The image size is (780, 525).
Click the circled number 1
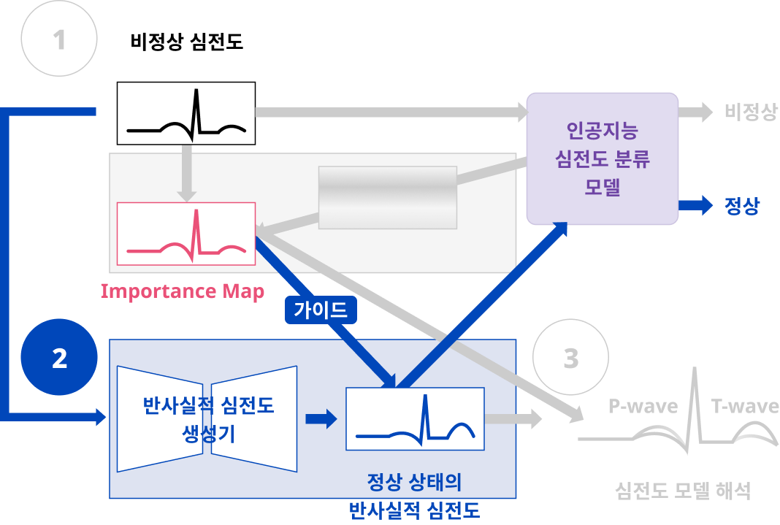click(59, 39)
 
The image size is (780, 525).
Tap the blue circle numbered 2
click(59, 358)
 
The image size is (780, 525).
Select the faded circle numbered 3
click(570, 358)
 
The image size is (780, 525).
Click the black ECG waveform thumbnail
click(186, 114)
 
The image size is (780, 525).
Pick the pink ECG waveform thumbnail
click(186, 234)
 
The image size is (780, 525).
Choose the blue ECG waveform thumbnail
click(414, 418)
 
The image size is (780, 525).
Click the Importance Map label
click(182, 291)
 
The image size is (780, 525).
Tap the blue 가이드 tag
click(321, 310)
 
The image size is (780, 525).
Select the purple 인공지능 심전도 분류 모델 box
click(602, 158)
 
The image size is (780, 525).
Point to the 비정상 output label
click(751, 112)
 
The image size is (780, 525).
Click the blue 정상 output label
click(742, 206)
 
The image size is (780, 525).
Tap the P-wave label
click(643, 406)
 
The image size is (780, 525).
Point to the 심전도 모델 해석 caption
click(683, 490)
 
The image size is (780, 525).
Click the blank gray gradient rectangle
click(388, 197)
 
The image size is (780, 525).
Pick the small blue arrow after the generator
click(321, 418)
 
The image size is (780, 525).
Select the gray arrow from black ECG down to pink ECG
click(187, 172)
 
